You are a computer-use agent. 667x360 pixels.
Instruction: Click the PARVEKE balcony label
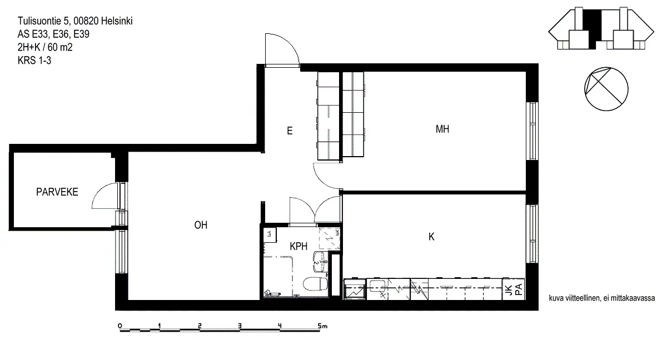point(57,192)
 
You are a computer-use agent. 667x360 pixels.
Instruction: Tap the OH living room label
point(201,225)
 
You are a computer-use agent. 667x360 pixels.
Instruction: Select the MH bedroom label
point(442,129)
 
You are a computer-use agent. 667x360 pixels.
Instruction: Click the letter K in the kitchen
point(431,237)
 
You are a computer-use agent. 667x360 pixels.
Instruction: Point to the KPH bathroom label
point(298,246)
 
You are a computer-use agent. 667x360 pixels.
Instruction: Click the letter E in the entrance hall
point(290,131)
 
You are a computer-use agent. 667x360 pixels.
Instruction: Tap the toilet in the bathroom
point(315,283)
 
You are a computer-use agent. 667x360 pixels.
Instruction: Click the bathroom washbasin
point(320,262)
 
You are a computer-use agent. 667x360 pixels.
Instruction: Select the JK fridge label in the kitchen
point(509,290)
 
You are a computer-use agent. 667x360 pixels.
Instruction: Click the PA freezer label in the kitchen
point(519,289)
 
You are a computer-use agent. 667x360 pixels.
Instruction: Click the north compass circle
point(606,89)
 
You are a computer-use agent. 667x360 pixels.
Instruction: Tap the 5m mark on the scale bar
point(322,326)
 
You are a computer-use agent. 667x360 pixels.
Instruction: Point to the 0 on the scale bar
point(120,326)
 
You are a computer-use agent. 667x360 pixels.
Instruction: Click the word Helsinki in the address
point(117,21)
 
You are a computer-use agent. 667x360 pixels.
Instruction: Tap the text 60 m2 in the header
point(60,47)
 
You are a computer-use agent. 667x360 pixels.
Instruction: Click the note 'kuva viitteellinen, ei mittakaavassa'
point(602,298)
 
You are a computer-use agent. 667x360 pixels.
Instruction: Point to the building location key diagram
point(601,28)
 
